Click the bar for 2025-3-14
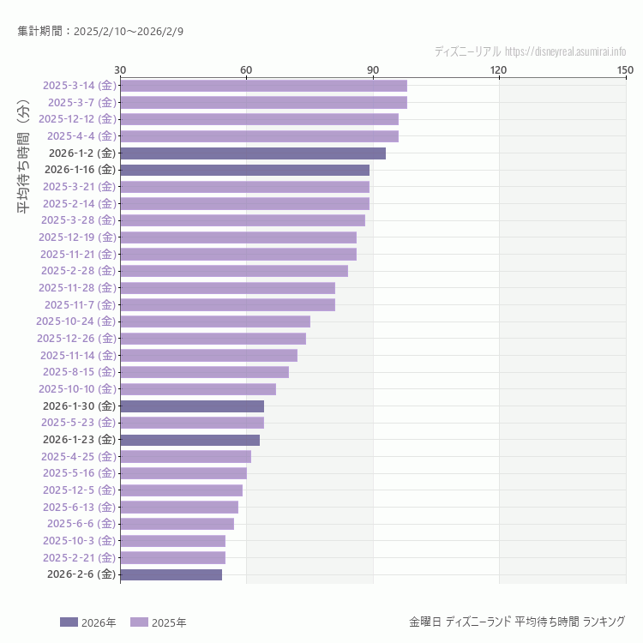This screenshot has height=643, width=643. tap(263, 86)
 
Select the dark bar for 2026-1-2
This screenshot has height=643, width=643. tap(253, 153)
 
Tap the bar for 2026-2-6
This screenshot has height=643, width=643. tap(171, 574)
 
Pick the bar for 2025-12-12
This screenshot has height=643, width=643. tap(259, 119)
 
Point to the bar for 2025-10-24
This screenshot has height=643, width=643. tap(215, 321)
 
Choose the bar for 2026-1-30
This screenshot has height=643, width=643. tap(192, 406)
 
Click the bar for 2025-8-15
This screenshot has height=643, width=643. tap(204, 372)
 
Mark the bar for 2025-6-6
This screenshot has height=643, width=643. tap(177, 524)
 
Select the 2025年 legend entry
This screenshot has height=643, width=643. tap(158, 622)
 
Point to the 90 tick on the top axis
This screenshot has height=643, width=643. tap(373, 69)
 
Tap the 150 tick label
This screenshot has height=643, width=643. tap(625, 69)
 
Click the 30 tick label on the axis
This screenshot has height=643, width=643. tap(120, 69)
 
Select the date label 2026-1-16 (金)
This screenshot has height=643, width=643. tap(80, 170)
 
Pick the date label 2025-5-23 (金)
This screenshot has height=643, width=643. tap(78, 423)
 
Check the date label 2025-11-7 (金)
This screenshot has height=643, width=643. tap(79, 304)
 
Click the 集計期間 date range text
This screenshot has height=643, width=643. tap(100, 32)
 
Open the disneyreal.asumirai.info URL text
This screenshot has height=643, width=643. tap(566, 51)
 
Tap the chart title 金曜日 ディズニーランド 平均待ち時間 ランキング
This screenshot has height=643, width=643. tap(517, 622)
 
